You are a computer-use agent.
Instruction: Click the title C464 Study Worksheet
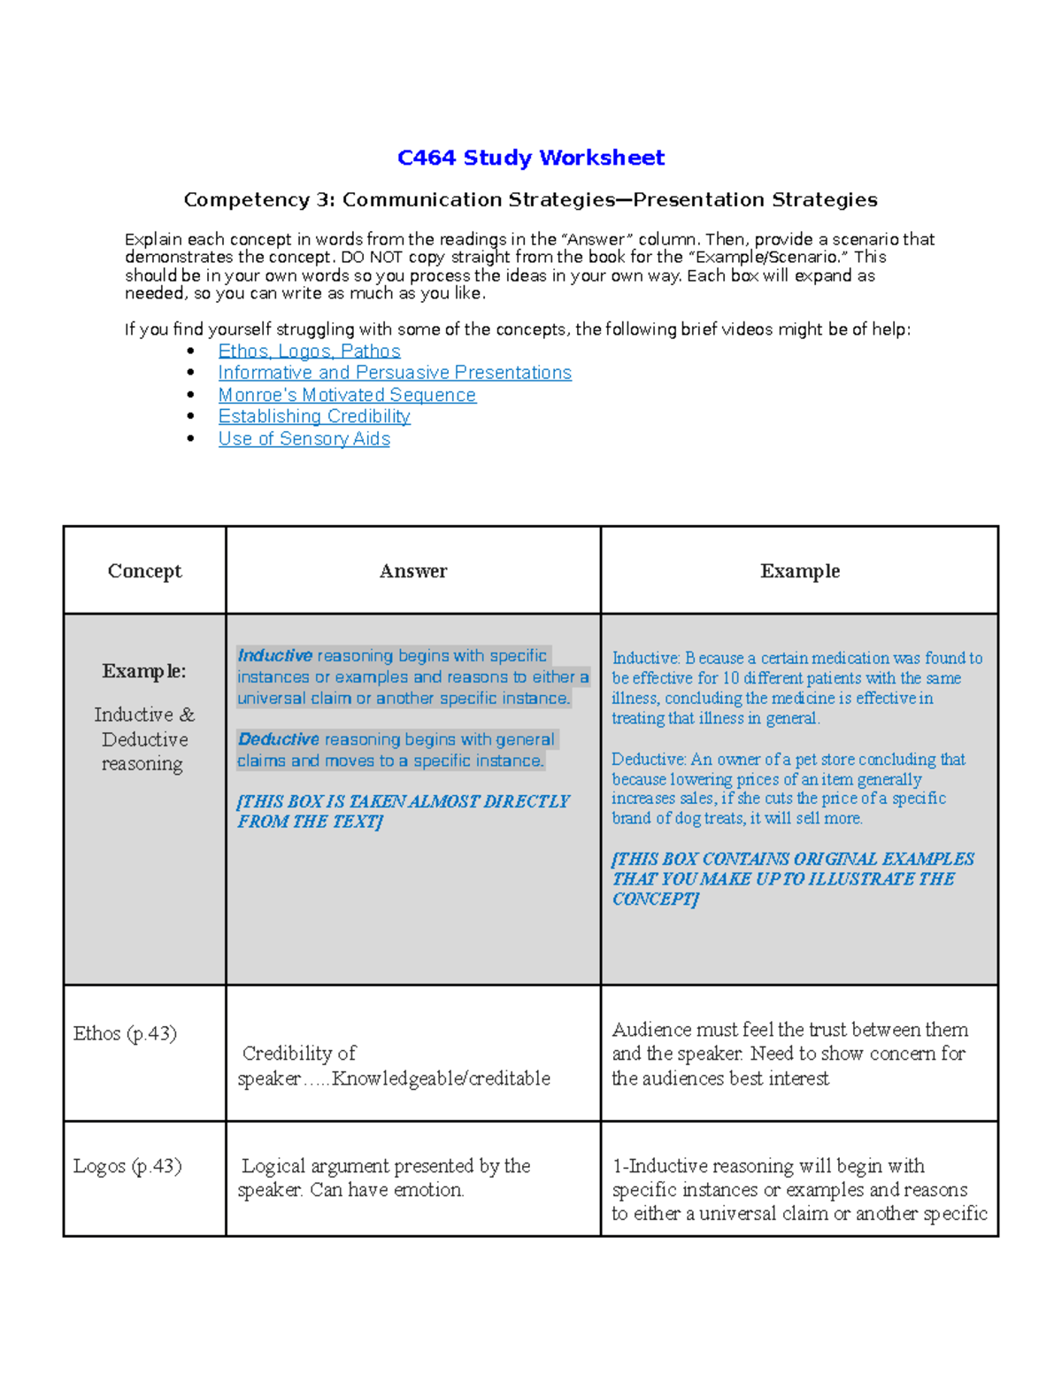530,158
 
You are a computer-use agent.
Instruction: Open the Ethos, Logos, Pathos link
309,351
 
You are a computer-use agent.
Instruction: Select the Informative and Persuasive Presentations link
395,373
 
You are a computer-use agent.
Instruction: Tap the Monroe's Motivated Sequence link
347,395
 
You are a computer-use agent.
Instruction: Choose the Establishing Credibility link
314,416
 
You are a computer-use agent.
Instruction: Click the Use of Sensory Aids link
304,438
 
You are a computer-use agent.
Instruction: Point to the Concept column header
144,571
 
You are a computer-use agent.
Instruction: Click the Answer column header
412,571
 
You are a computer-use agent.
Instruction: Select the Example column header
799,571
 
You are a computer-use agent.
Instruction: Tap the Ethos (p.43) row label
125,1033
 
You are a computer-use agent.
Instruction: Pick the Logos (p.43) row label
127,1166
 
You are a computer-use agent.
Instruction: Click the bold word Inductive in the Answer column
274,656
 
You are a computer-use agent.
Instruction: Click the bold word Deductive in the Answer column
278,739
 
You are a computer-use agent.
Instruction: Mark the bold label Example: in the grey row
143,671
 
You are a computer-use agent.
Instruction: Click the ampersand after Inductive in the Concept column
187,715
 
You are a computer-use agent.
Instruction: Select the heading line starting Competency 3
530,200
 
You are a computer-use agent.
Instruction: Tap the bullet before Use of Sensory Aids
191,438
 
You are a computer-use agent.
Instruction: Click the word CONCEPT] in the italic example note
655,900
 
